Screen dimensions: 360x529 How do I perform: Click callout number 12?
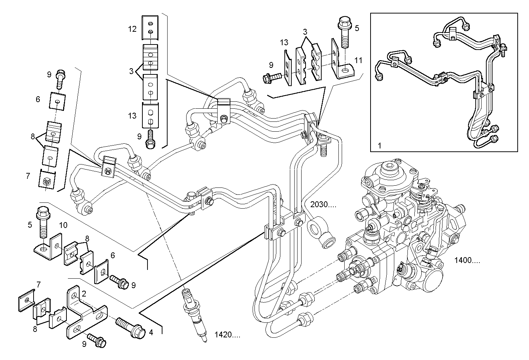click(132, 29)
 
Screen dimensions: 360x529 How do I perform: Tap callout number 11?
click(358, 60)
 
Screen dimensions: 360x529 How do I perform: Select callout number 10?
click(63, 225)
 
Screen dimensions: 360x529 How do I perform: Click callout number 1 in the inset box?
click(379, 146)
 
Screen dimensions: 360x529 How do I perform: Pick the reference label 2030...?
click(323, 205)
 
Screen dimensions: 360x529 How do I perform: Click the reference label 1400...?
click(467, 260)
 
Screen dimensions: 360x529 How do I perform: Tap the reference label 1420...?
click(227, 334)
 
